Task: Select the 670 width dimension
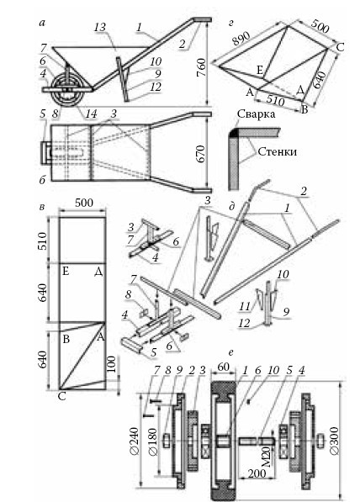(201, 154)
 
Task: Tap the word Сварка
(256, 114)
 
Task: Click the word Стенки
(277, 151)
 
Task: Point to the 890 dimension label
(241, 39)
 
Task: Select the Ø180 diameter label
(153, 441)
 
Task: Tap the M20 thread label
(268, 457)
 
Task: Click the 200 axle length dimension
(257, 473)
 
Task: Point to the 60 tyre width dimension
(223, 367)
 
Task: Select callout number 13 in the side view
(99, 27)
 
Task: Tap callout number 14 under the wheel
(91, 114)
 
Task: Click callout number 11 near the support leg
(245, 307)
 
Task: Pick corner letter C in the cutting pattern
(61, 396)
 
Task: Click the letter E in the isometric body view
(261, 70)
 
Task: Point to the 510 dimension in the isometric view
(275, 101)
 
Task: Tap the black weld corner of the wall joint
(236, 133)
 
